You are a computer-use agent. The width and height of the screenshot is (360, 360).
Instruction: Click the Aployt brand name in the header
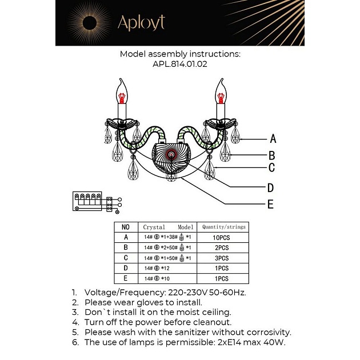pyautogui.click(x=141, y=22)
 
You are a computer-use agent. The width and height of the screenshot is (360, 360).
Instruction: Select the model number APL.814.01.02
pyautogui.click(x=180, y=65)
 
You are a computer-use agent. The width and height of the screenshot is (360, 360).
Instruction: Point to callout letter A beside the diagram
pyautogui.click(x=273, y=138)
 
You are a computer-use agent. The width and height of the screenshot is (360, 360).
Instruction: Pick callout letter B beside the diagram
pyautogui.click(x=271, y=155)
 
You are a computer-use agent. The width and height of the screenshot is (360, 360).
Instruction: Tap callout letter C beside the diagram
pyautogui.click(x=271, y=168)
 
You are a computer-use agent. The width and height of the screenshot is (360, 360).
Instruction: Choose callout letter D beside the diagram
pyautogui.click(x=270, y=187)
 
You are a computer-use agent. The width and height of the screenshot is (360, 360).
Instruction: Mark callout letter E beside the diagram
pyautogui.click(x=270, y=204)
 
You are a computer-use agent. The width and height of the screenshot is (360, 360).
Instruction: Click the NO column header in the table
pyautogui.click(x=126, y=227)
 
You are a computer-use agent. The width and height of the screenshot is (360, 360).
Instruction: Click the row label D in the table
pyautogui.click(x=126, y=268)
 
